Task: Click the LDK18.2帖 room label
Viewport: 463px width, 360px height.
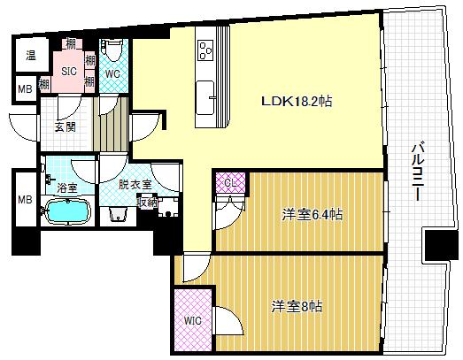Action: pos(297,102)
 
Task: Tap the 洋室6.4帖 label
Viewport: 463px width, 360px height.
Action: pos(313,214)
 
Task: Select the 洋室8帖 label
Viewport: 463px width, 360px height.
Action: pos(297,307)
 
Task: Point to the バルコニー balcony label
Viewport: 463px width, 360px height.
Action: pos(418,172)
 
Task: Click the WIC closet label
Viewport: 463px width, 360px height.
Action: pos(193,320)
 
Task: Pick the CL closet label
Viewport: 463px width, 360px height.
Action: pos(230,183)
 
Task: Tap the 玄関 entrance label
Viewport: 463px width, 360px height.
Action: pos(66,126)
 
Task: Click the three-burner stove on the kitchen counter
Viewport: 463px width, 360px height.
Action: pos(205,50)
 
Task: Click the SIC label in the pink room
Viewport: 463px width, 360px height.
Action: pos(69,71)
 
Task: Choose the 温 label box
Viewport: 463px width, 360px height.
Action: pos(31,55)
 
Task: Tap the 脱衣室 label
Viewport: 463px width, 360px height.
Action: pos(135,185)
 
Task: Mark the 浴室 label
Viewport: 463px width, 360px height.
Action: pos(67,188)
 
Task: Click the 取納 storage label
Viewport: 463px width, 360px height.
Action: pos(147,203)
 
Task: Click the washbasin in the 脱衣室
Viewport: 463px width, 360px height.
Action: pos(118,214)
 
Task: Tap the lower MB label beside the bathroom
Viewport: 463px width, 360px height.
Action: pos(25,200)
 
